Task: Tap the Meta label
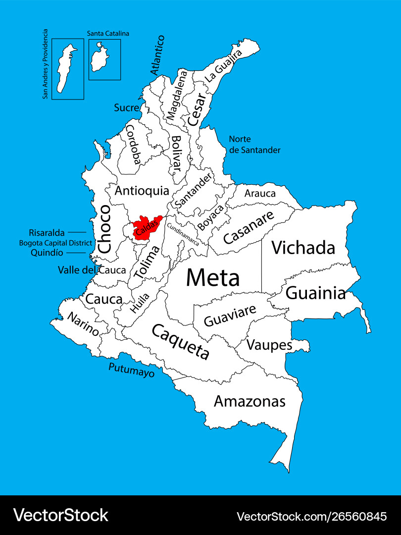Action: (213, 278)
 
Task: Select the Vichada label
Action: (303, 248)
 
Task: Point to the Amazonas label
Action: (250, 401)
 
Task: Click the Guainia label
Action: (316, 293)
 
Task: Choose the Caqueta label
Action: (181, 342)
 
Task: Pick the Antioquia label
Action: (142, 191)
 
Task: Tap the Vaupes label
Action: (269, 344)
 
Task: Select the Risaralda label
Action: (47, 232)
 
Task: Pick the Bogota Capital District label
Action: (55, 243)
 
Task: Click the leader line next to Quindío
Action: (76, 253)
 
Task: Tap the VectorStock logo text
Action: (60, 515)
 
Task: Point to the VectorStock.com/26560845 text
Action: (312, 517)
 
